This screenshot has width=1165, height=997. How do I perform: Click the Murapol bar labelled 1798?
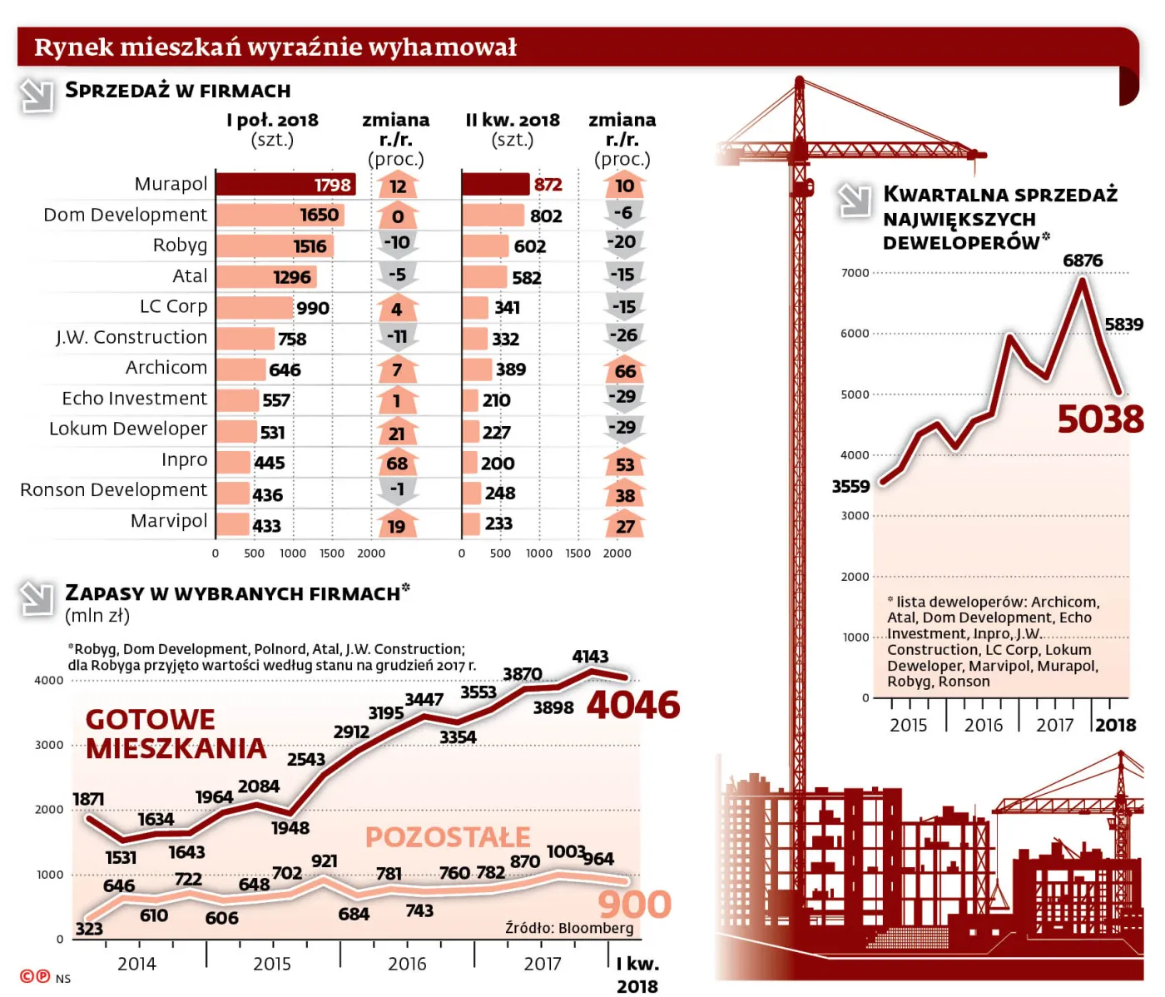pos(285,185)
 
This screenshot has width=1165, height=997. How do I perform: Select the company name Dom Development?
pos(125,215)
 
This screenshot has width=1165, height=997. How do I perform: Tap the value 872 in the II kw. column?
pos(548,185)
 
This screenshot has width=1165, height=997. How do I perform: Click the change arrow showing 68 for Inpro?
pos(397,463)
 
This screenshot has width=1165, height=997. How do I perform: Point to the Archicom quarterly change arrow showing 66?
pos(625,370)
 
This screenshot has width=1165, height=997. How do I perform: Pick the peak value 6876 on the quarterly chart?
pos(1083,260)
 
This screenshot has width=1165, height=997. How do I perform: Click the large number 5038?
pos(1100,419)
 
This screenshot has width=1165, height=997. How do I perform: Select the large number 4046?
pos(633,706)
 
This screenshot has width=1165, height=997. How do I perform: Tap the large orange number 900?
pos(634,905)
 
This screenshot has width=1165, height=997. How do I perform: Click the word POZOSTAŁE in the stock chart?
pos(448,837)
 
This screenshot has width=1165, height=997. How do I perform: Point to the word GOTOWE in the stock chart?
pos(151,720)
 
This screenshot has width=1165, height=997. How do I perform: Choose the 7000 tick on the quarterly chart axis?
pos(855,273)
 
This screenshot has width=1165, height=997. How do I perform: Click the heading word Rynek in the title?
pos(74,47)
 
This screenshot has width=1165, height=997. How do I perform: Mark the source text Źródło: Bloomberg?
pos(569,928)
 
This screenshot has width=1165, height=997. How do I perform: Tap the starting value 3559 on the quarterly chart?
pos(850,487)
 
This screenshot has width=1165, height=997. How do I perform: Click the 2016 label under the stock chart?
pos(407,964)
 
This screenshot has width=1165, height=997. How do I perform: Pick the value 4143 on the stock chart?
pos(590,657)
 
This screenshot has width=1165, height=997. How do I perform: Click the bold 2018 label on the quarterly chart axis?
pos(1115,725)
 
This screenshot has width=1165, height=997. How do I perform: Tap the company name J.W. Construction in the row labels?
pos(131,337)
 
